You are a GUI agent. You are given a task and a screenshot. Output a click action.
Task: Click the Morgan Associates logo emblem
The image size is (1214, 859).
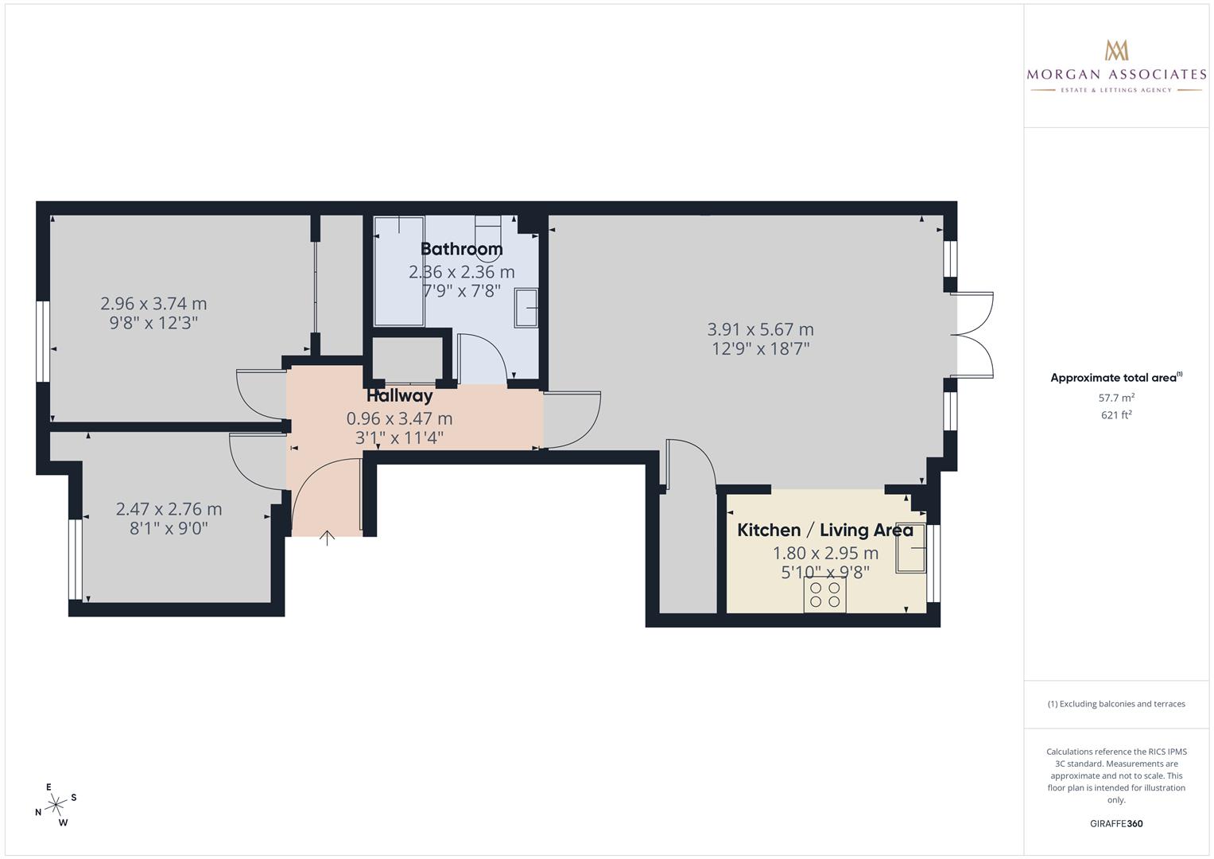[1116, 50]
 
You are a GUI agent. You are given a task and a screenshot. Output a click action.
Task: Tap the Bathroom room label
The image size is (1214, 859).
[461, 249]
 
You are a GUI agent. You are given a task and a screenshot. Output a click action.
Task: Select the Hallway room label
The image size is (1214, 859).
[399, 395]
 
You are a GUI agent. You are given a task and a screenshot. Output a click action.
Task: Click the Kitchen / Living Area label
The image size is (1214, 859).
[825, 530]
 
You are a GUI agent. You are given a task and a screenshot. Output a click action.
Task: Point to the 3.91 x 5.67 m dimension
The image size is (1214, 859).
[760, 329]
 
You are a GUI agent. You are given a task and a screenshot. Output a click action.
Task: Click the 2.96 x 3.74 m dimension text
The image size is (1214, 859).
[153, 304]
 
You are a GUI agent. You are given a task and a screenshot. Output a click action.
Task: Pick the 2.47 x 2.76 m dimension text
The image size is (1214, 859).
[169, 509]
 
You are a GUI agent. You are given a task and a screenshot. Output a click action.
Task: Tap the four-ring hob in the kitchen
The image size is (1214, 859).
[824, 594]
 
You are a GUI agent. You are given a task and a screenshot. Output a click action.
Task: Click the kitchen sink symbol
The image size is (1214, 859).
[911, 548]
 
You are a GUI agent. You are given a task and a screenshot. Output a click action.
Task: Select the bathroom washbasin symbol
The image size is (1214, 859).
[526, 308]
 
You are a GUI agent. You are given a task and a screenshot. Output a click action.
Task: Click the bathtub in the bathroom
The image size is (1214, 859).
[398, 270]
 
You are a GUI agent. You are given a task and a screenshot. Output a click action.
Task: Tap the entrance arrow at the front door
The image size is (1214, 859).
[327, 538]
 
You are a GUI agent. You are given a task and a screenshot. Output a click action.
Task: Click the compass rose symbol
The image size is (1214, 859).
[56, 805]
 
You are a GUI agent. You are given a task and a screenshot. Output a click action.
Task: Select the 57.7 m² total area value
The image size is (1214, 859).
[1116, 398]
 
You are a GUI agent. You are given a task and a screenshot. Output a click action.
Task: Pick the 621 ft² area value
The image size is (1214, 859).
[1116, 414]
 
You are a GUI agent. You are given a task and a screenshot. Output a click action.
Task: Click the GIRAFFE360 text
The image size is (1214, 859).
[1116, 823]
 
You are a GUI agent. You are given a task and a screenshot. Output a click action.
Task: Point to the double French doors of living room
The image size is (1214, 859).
[975, 335]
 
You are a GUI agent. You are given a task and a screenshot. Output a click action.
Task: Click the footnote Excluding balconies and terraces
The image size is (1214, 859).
[1116, 704]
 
